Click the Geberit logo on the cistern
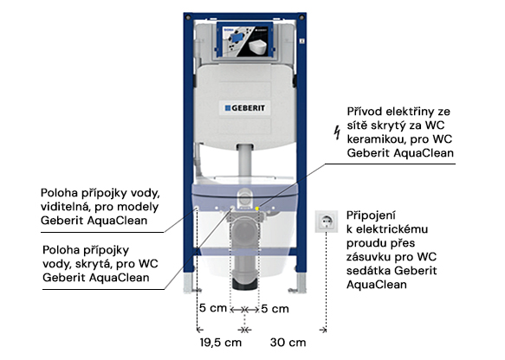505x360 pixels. point(245,108)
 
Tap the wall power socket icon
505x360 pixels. point(327,222)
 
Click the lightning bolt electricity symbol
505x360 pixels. point(337,132)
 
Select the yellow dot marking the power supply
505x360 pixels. point(257,209)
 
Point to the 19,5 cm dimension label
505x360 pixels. point(221,343)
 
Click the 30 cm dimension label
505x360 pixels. point(288,343)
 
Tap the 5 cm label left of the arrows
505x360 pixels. point(213,308)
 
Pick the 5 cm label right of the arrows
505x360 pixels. point(275,309)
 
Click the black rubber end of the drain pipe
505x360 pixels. point(245,285)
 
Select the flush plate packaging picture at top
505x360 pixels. point(245,40)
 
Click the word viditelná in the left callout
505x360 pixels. point(64,207)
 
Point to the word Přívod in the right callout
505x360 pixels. point(365,112)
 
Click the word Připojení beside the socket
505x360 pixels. point(371,215)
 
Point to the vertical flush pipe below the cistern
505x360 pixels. point(245,160)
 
